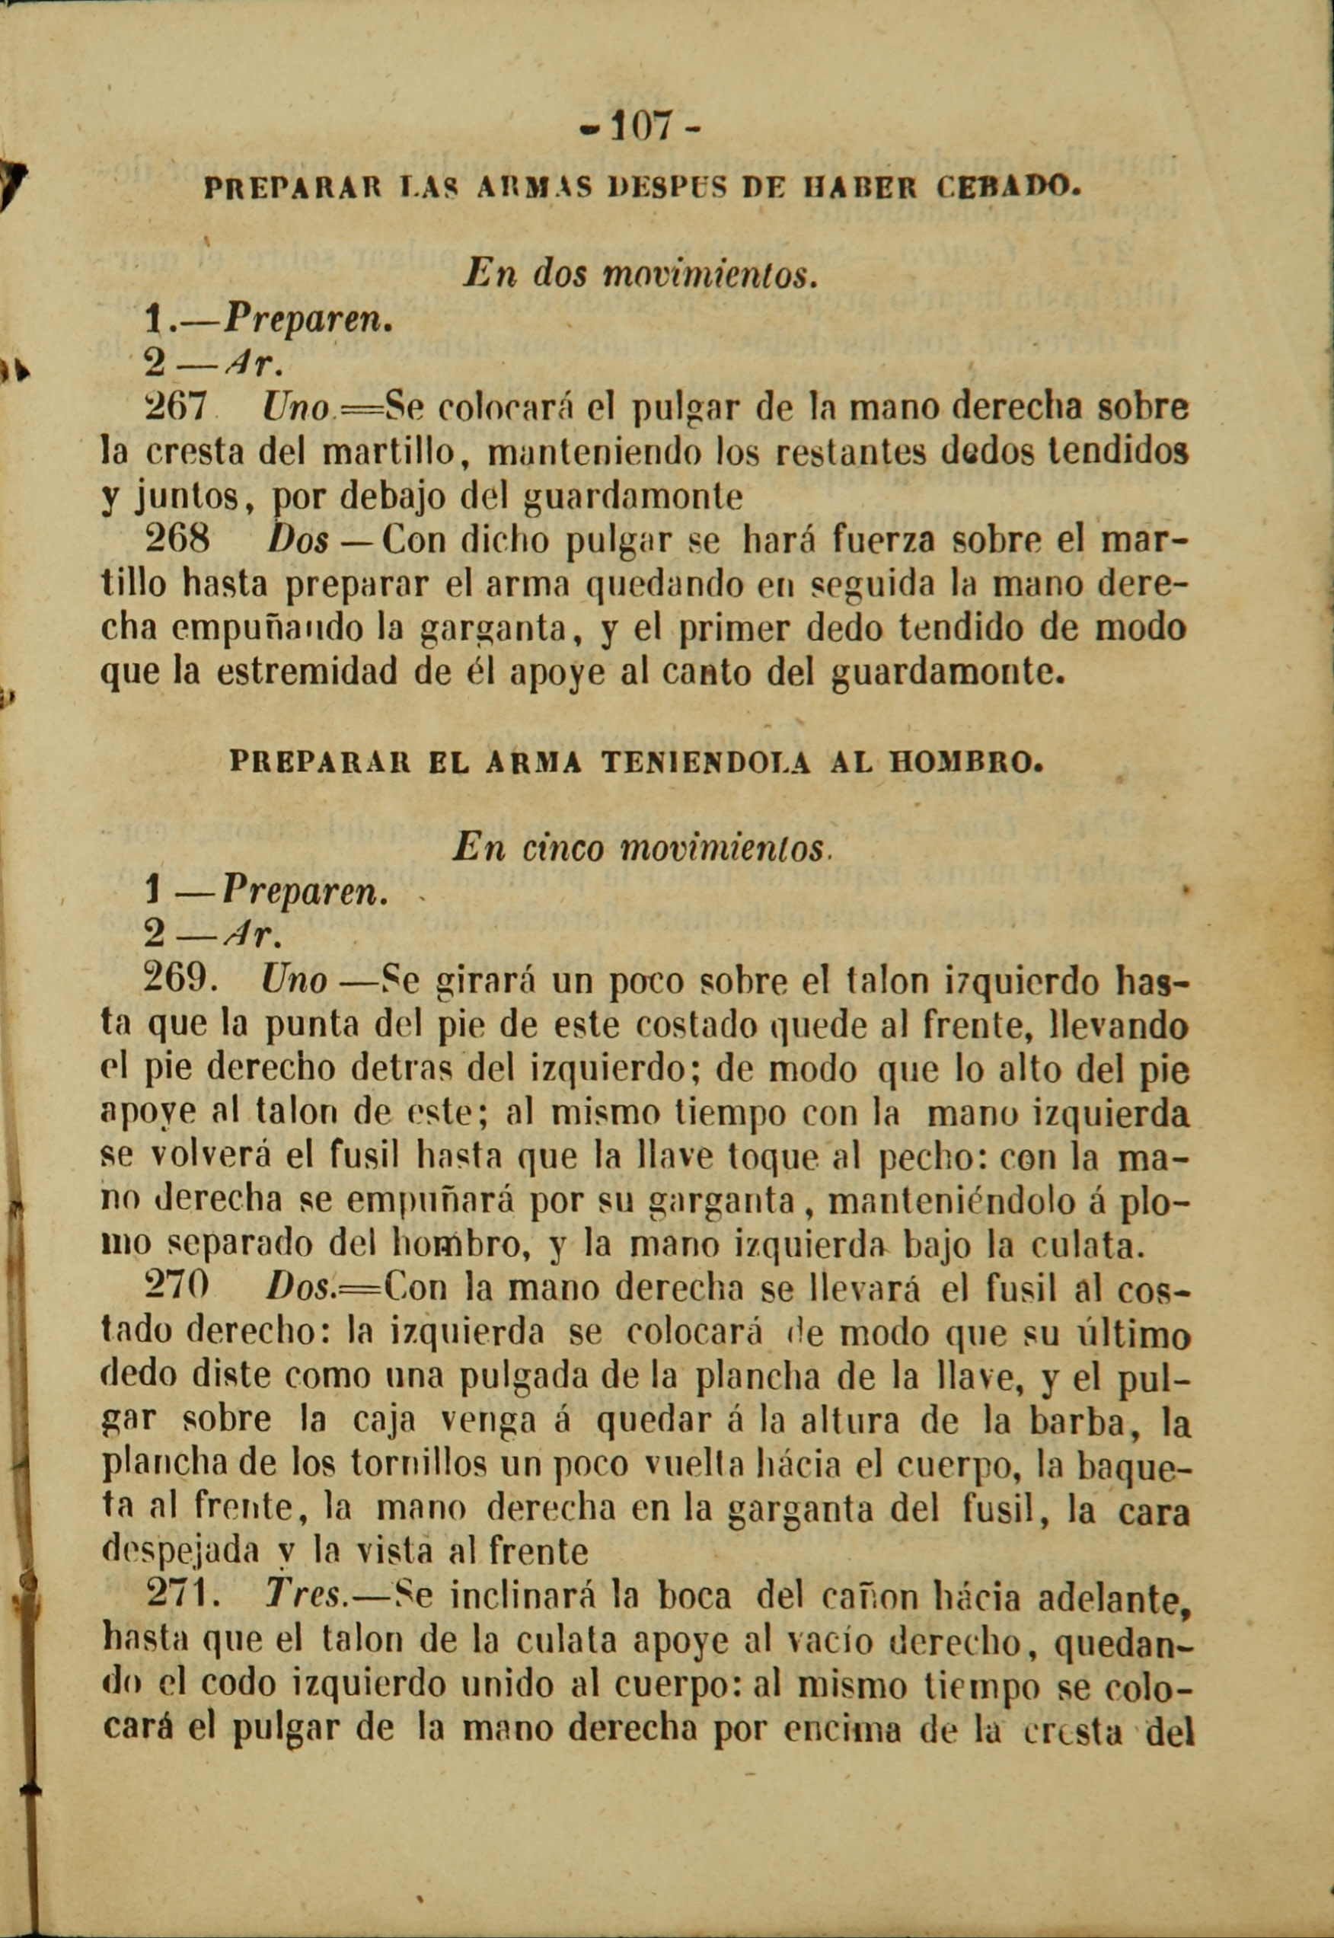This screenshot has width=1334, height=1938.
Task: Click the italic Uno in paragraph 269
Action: point(293,979)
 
